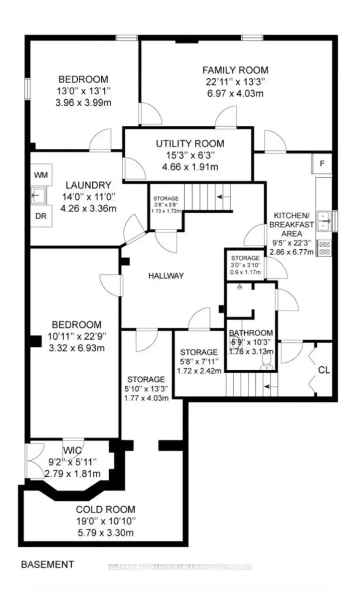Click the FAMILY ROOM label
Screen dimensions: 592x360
pyautogui.click(x=235, y=70)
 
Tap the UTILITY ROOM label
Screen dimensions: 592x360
pyautogui.click(x=190, y=144)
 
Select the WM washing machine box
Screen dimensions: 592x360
pyautogui.click(x=41, y=175)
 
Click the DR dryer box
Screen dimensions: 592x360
pyautogui.click(x=41, y=217)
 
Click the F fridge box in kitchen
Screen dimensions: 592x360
pyautogui.click(x=322, y=164)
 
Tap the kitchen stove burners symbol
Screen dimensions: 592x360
pyautogui.click(x=324, y=248)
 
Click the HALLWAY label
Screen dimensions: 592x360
pyautogui.click(x=166, y=276)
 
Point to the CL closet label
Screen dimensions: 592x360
pyautogui.click(x=324, y=370)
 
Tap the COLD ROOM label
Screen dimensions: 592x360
pyautogui.click(x=106, y=509)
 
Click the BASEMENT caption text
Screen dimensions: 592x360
pyautogui.click(x=48, y=565)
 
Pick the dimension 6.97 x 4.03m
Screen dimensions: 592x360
pyautogui.click(x=235, y=94)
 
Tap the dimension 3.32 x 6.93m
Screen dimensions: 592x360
pyautogui.click(x=77, y=348)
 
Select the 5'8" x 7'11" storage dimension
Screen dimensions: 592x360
pyautogui.click(x=199, y=361)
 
